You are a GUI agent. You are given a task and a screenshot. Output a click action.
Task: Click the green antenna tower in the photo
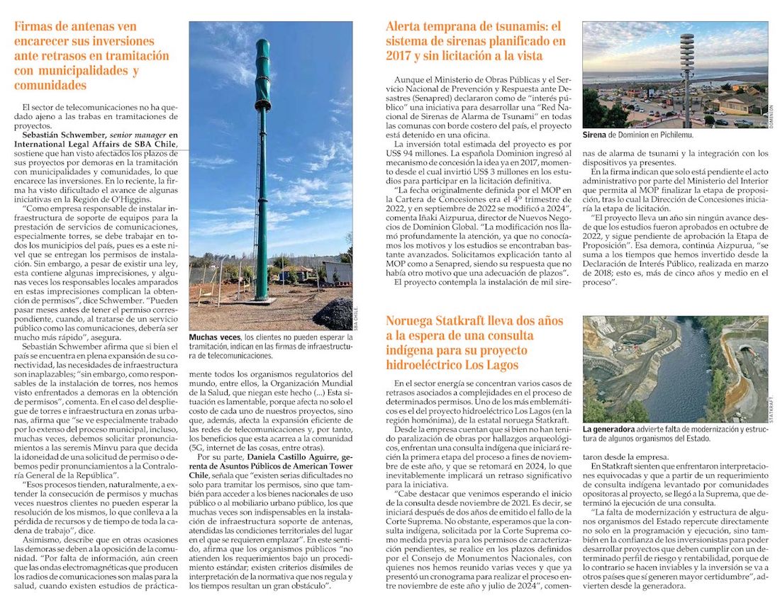click(262, 177)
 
